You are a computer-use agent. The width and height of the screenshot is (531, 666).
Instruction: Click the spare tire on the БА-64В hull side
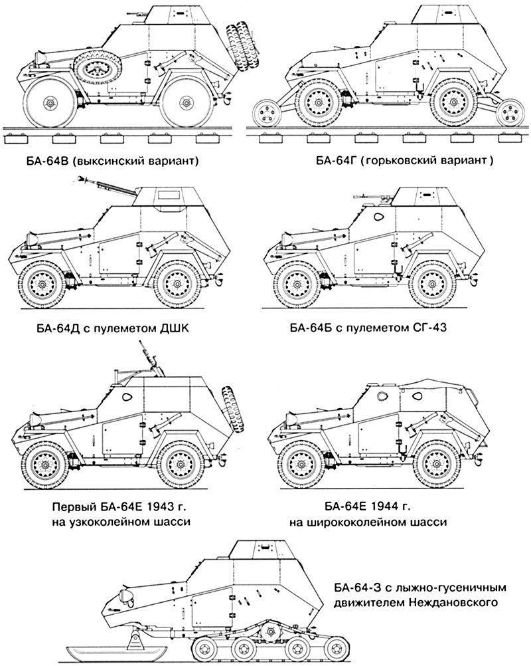97,68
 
